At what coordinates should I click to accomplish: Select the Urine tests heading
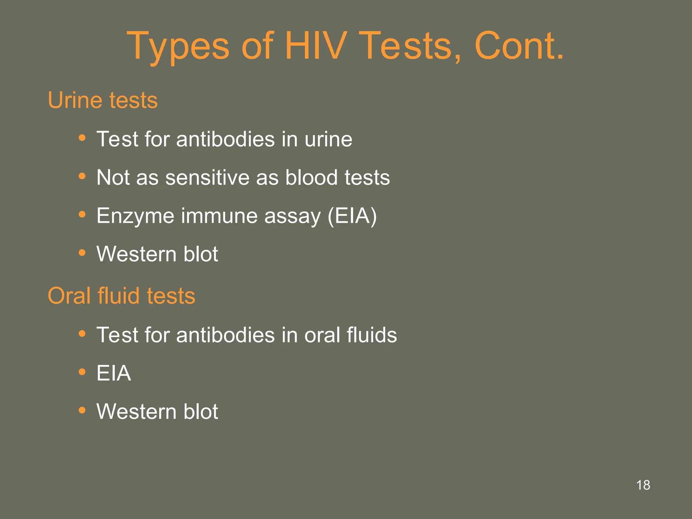pos(103,100)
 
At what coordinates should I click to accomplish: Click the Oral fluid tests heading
pos(121,296)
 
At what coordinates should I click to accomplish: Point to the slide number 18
pos(643,485)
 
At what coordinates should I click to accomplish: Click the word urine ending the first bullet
pos(328,139)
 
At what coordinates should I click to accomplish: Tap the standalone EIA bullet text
pos(114,373)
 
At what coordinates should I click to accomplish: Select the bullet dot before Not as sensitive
pos(82,176)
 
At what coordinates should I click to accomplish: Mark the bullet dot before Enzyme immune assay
pos(82,214)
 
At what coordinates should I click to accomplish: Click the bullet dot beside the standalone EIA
pos(82,372)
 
